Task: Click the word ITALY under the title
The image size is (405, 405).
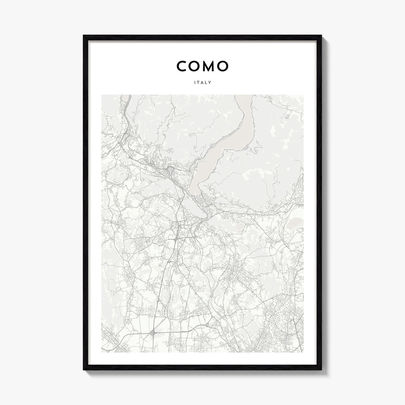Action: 202,83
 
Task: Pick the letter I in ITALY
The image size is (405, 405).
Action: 195,83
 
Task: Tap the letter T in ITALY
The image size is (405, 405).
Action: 198,83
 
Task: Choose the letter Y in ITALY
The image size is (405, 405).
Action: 210,83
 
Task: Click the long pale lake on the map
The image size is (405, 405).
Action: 221,150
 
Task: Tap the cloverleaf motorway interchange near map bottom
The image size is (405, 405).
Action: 153,335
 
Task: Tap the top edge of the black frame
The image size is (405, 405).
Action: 202,38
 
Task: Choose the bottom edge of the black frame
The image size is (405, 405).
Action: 202,367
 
